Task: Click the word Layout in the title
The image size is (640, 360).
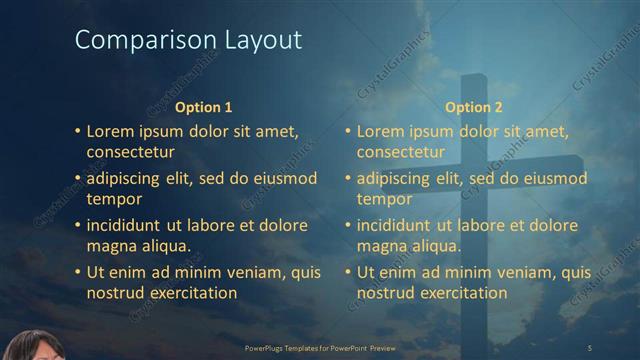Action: click(256, 41)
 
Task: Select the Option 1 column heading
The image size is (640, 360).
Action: click(203, 107)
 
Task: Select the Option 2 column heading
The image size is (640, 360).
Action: click(473, 107)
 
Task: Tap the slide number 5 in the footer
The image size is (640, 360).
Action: click(590, 347)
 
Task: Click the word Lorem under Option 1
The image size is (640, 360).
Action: click(109, 131)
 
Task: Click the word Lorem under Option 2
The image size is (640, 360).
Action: click(379, 131)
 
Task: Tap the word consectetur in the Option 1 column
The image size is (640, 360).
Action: click(131, 152)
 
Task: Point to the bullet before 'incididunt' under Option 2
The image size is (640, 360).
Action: click(347, 225)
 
